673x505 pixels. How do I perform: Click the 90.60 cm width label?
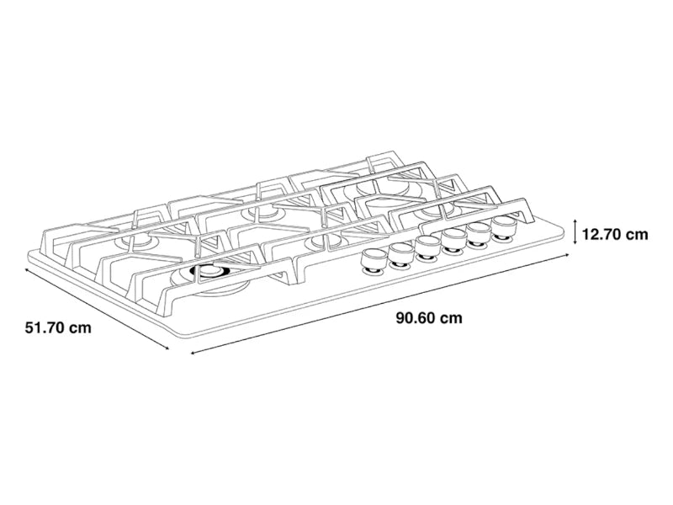(x=429, y=318)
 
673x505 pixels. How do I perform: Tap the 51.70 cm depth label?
(x=57, y=327)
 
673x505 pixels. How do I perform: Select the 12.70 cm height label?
(x=615, y=234)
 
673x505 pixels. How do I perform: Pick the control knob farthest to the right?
(x=506, y=227)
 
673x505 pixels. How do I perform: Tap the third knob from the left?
(x=426, y=247)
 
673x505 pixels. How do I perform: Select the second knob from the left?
(x=399, y=254)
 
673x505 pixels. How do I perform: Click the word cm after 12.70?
(x=637, y=234)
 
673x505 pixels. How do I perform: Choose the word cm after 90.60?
(x=451, y=318)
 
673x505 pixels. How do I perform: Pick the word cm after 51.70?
(x=79, y=327)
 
